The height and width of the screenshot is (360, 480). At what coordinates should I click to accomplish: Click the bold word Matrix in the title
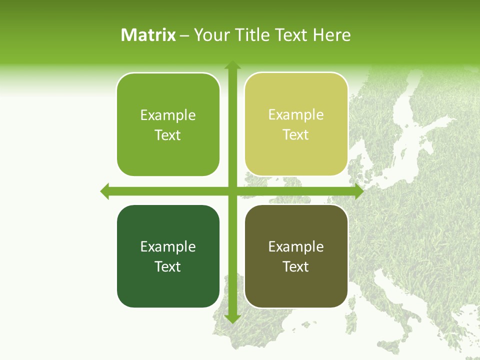(148, 35)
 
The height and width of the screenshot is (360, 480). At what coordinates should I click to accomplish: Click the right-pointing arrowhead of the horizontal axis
(358, 191)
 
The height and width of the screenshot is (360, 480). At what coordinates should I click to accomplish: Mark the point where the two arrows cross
(232, 191)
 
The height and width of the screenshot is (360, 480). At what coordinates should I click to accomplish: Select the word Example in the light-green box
(168, 115)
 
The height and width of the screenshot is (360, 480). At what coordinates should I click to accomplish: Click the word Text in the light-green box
(168, 135)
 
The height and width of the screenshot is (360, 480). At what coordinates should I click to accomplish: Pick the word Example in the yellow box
(296, 115)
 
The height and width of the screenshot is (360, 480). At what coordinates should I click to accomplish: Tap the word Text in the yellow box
(296, 134)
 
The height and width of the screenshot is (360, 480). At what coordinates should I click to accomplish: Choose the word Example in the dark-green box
(168, 246)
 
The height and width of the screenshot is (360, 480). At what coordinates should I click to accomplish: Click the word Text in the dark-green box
(168, 266)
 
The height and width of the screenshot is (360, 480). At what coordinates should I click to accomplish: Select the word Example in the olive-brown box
(296, 246)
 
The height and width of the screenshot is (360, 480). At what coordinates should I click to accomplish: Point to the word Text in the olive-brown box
(296, 266)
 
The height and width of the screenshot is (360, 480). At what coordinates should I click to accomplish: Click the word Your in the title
(206, 35)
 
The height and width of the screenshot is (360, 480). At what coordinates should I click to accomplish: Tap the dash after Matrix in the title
(184, 35)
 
